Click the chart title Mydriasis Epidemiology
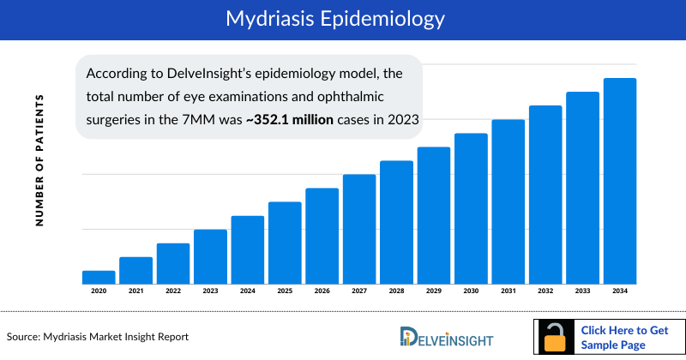342,18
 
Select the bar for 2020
99,277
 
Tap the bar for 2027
359,229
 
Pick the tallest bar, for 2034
620,181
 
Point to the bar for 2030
471,208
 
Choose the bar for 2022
173,263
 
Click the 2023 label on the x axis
210,292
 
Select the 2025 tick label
285,292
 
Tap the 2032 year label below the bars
545,292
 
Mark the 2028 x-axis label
396,292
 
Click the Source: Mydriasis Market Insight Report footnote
98,336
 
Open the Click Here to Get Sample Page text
623,337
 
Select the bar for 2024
248,249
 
